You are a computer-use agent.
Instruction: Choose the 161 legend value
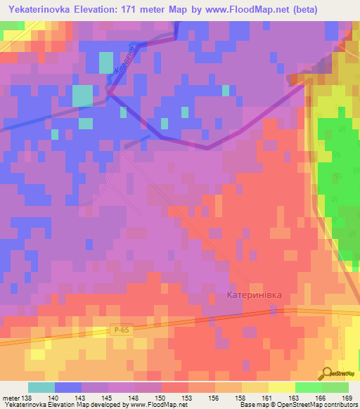(x=268, y=397)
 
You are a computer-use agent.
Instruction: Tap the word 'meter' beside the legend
(x=11, y=397)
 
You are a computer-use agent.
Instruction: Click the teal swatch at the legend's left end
(x=41, y=387)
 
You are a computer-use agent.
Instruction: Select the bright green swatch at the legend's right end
(x=335, y=387)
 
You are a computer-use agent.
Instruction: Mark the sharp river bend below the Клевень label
(x=109, y=89)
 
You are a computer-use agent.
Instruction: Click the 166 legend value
(x=321, y=397)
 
